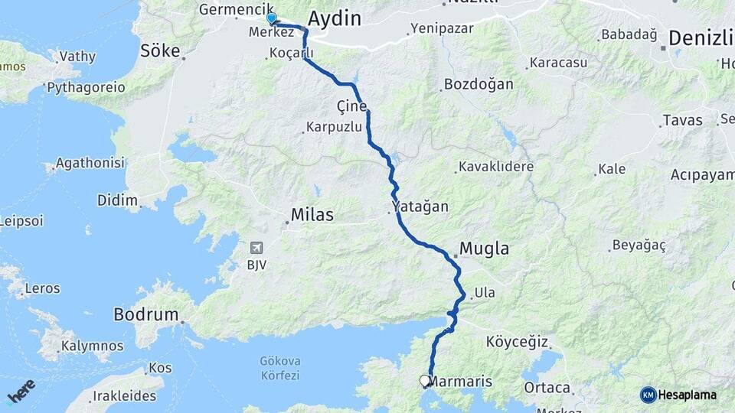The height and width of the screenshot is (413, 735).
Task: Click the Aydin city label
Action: pyautogui.click(x=334, y=18)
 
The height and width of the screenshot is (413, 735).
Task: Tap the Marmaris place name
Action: pyautogui.click(x=460, y=381)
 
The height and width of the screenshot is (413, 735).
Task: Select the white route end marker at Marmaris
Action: pyautogui.click(x=425, y=380)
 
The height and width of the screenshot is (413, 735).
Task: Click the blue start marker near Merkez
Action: pyautogui.click(x=271, y=18)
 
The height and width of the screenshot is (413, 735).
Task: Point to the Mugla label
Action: pyautogui.click(x=484, y=249)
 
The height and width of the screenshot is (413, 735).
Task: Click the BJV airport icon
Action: pyautogui.click(x=256, y=247)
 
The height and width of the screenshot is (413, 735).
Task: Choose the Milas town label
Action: pyautogui.click(x=312, y=215)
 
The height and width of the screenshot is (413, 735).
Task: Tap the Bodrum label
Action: pyautogui.click(x=145, y=314)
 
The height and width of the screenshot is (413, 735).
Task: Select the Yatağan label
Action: pyautogui.click(x=420, y=206)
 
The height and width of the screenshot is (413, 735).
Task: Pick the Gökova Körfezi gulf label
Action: pyautogui.click(x=280, y=368)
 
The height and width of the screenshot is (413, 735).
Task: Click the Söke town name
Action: pyautogui.click(x=159, y=51)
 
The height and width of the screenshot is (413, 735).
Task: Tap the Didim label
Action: pyautogui.click(x=117, y=200)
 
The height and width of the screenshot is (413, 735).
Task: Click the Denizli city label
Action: pyautogui.click(x=701, y=38)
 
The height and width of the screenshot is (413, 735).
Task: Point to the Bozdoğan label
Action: pyautogui.click(x=479, y=83)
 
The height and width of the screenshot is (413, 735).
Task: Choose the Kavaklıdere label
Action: pyautogui.click(x=496, y=167)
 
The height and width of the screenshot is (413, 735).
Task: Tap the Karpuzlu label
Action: pyautogui.click(x=333, y=127)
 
